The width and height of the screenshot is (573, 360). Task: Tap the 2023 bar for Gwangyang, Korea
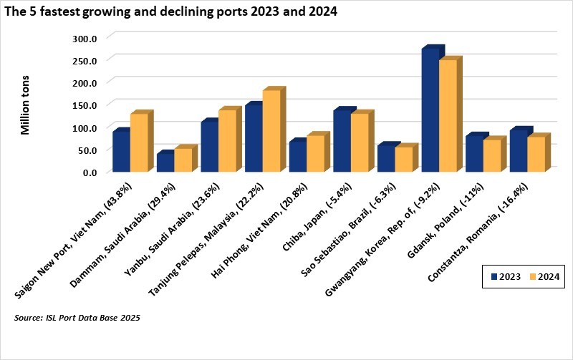point(430,111)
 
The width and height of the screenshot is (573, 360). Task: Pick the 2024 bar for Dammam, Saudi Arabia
point(183,160)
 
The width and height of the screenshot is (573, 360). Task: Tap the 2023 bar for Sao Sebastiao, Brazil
point(386,158)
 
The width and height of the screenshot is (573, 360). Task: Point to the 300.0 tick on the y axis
point(95,37)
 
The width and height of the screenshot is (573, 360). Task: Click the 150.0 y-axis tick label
point(95,104)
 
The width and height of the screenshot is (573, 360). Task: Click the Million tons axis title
point(26,104)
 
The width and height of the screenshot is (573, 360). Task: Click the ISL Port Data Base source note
point(77,317)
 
